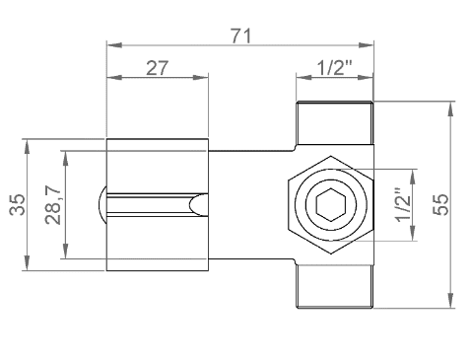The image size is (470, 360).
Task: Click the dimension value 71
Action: (241, 36)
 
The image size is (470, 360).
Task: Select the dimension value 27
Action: (157, 68)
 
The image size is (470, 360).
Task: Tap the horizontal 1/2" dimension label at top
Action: (335, 68)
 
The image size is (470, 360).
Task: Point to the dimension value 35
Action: (17, 204)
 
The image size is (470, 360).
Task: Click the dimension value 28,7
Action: (53, 204)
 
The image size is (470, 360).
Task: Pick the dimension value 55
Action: (440, 204)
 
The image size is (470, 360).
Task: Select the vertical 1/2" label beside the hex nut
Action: (403, 205)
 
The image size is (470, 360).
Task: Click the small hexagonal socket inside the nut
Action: (331, 204)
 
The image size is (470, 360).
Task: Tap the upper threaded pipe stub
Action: (334, 123)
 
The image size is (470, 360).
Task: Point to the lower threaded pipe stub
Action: (334, 286)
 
